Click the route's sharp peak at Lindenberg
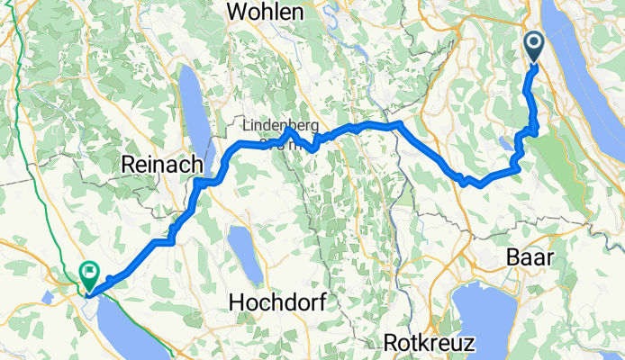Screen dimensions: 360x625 [x=287, y=130]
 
